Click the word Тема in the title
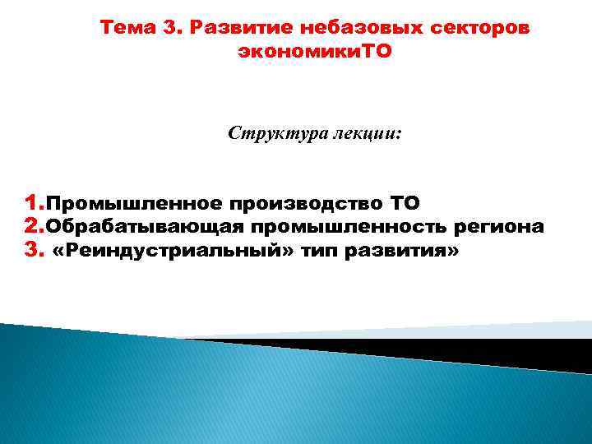(x=128, y=29)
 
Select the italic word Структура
(x=275, y=133)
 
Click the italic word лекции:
(x=366, y=133)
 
